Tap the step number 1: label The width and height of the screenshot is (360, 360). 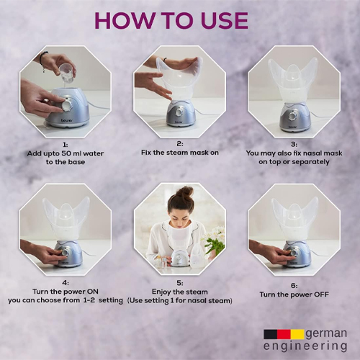click(66, 145)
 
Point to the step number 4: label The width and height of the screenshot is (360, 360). click(66, 283)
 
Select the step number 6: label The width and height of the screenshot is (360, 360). click(294, 286)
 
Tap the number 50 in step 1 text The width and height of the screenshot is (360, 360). click(66, 153)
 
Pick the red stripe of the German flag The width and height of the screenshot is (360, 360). click(284, 334)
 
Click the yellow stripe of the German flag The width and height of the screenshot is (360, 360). click(297, 334)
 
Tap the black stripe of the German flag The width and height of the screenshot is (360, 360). click(271, 334)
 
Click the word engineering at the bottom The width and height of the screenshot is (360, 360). click(305, 346)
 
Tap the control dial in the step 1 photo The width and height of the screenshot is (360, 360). click(66, 104)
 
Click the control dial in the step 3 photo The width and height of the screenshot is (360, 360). click(292, 116)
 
